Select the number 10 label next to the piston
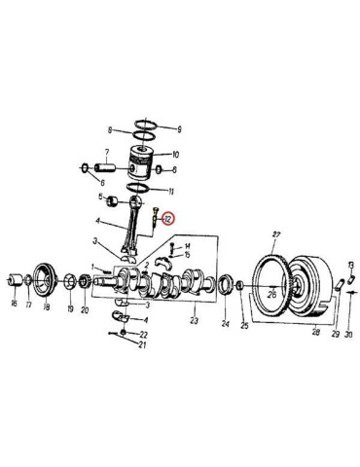click(x=175, y=156)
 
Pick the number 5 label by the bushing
click(x=98, y=200)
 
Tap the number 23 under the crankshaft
click(x=193, y=320)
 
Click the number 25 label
click(x=244, y=325)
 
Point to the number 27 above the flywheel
click(x=276, y=235)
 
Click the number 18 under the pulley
click(x=46, y=306)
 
